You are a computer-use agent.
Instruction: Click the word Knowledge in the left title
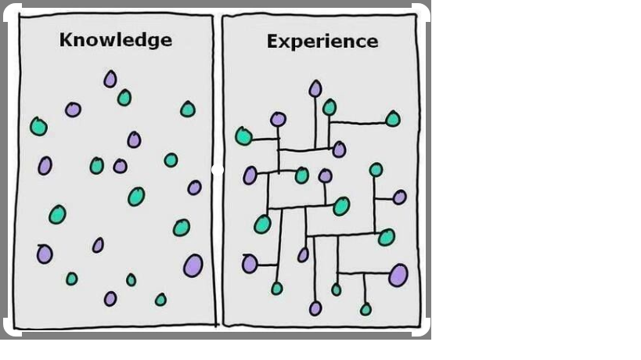coord(115,39)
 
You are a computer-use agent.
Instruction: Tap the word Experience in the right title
coord(322,41)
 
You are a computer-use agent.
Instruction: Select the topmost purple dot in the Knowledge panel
coord(110,79)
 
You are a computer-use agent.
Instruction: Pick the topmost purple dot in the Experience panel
coord(315,88)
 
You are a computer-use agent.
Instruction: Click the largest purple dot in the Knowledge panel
coord(193,265)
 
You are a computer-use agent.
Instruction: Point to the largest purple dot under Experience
coord(398,275)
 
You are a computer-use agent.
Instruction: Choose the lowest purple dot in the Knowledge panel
coord(110,298)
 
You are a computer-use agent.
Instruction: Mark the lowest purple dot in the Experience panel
coord(315,308)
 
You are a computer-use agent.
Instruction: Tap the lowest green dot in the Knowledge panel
coord(160,300)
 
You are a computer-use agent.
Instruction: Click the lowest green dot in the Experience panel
coord(366,309)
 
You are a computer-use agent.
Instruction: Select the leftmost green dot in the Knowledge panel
coord(38,126)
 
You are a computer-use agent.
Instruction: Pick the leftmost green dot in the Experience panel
coord(243,136)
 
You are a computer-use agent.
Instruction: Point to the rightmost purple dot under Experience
coord(399,197)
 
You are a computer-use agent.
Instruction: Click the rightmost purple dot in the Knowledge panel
coord(194,188)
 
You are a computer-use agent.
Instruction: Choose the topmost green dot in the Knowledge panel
coord(124,98)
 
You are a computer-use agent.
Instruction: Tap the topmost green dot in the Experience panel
coord(330,107)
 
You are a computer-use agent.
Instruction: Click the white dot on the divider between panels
coord(218,170)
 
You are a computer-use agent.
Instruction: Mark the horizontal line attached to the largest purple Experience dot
coord(363,273)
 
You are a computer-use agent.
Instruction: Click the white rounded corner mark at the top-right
coord(420,13)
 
